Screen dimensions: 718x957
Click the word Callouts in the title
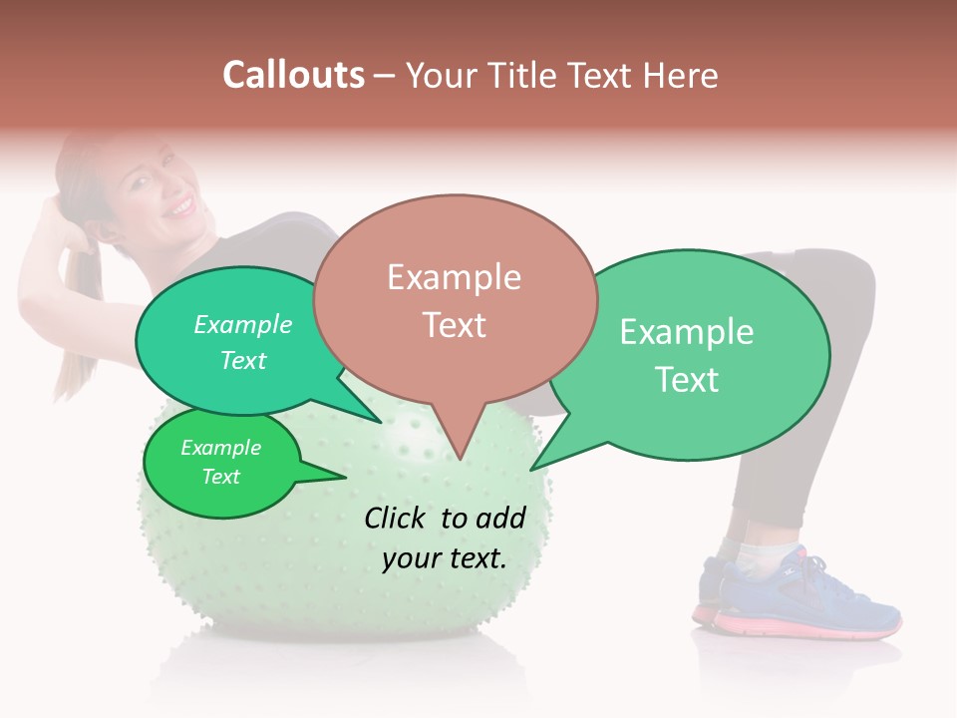293,75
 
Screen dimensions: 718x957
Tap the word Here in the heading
680,75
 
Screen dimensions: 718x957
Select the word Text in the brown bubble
454,324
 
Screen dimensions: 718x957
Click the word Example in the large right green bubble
687,331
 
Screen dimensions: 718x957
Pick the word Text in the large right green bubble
687,379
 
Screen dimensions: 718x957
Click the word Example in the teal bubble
242,324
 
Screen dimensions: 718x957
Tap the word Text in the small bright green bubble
220,476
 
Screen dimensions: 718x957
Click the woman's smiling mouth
179,207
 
